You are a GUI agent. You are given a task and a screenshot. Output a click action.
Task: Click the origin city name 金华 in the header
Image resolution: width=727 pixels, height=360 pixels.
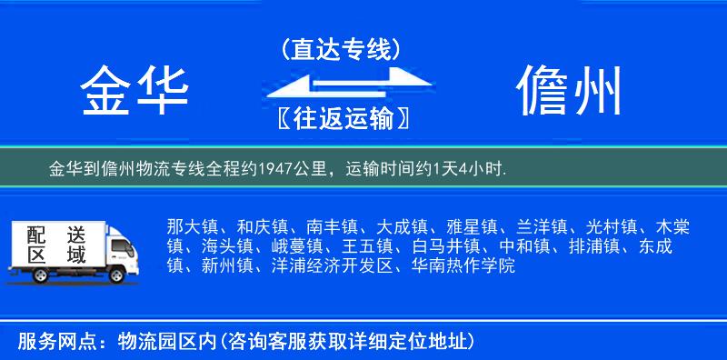coord(135,92)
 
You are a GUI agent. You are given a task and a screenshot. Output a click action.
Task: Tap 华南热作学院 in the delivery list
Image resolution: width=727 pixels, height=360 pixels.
coord(463,266)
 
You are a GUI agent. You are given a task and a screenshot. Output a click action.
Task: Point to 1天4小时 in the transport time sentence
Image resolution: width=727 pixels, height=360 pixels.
coord(472,168)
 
